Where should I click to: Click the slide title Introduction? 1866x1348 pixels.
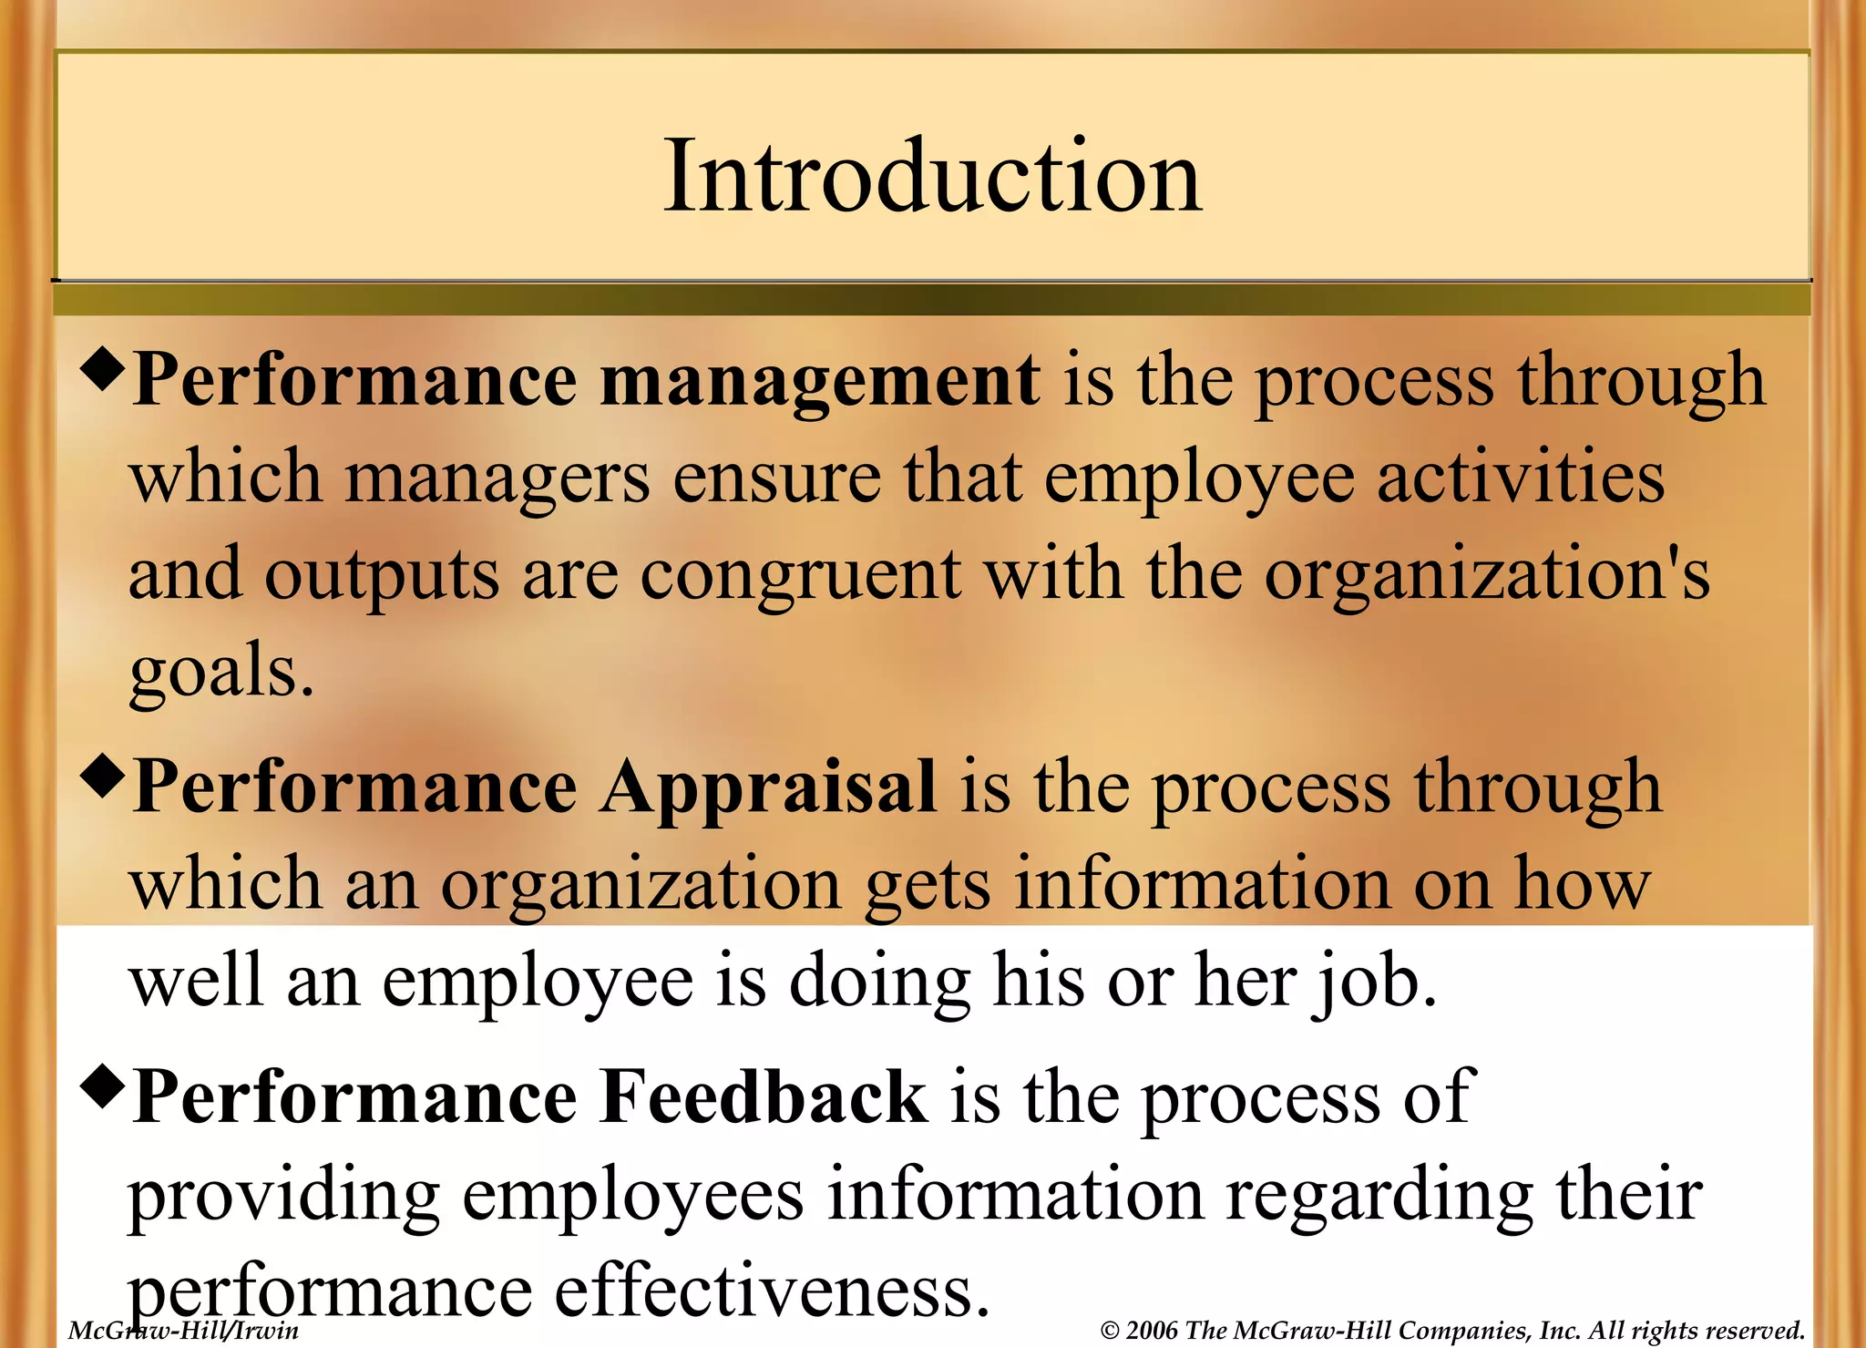coord(932,175)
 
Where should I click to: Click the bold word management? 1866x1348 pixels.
coord(819,381)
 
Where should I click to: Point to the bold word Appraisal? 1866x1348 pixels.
coord(768,787)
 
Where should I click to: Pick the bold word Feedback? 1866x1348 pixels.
coord(763,1097)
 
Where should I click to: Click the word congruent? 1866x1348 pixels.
coord(801,575)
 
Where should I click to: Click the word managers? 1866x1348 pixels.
coord(497,478)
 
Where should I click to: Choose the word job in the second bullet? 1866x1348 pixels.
coord(1373,983)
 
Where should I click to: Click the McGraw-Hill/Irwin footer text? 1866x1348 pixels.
coord(183,1331)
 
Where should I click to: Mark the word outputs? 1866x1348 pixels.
coord(382,575)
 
